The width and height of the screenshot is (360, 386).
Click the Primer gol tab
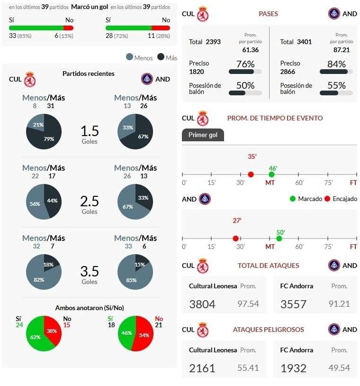coord(203,135)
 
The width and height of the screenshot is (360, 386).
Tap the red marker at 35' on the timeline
coord(251,175)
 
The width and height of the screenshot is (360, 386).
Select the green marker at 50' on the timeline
coord(279,239)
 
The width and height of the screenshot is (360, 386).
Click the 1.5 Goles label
coord(90,134)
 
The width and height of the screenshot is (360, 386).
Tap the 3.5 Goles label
coord(90,274)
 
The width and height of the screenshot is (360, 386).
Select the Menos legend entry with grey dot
coord(140,57)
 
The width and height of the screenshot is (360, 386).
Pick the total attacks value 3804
coord(202,304)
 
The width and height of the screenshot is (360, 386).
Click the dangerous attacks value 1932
coord(294,368)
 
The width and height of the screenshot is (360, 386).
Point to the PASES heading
coord(268,14)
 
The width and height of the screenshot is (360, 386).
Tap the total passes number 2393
coord(213,42)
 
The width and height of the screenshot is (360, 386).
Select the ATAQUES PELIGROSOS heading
coord(268,330)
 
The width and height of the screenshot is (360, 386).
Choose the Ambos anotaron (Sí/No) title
coord(90,308)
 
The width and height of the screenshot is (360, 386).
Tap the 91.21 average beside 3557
coord(339,304)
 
